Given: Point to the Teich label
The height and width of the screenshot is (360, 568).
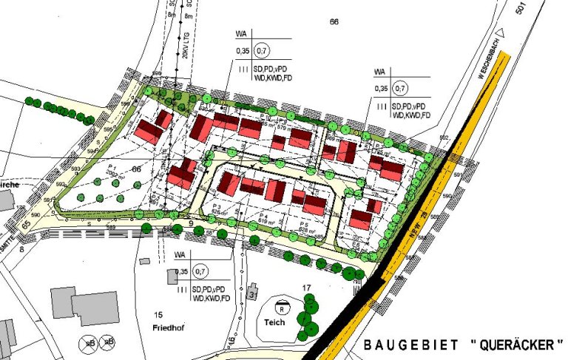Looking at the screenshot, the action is (275, 323).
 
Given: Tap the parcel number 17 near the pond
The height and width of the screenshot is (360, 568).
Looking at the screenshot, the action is (305, 287).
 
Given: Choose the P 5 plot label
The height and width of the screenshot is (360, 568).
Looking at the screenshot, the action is (303, 223).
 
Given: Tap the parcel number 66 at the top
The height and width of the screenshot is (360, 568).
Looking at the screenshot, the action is (334, 23).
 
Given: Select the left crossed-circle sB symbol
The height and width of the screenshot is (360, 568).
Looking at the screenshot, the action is (88, 342).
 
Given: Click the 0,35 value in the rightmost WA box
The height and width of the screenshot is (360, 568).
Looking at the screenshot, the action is (381, 89).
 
